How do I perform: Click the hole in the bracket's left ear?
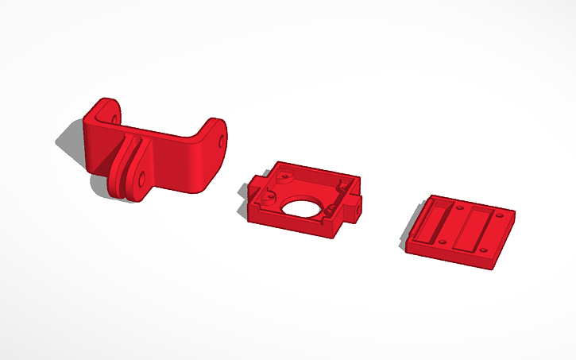111,118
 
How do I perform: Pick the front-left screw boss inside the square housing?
271,194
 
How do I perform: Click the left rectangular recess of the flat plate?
442,222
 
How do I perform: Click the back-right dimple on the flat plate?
501,215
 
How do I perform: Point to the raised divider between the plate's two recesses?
457,225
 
